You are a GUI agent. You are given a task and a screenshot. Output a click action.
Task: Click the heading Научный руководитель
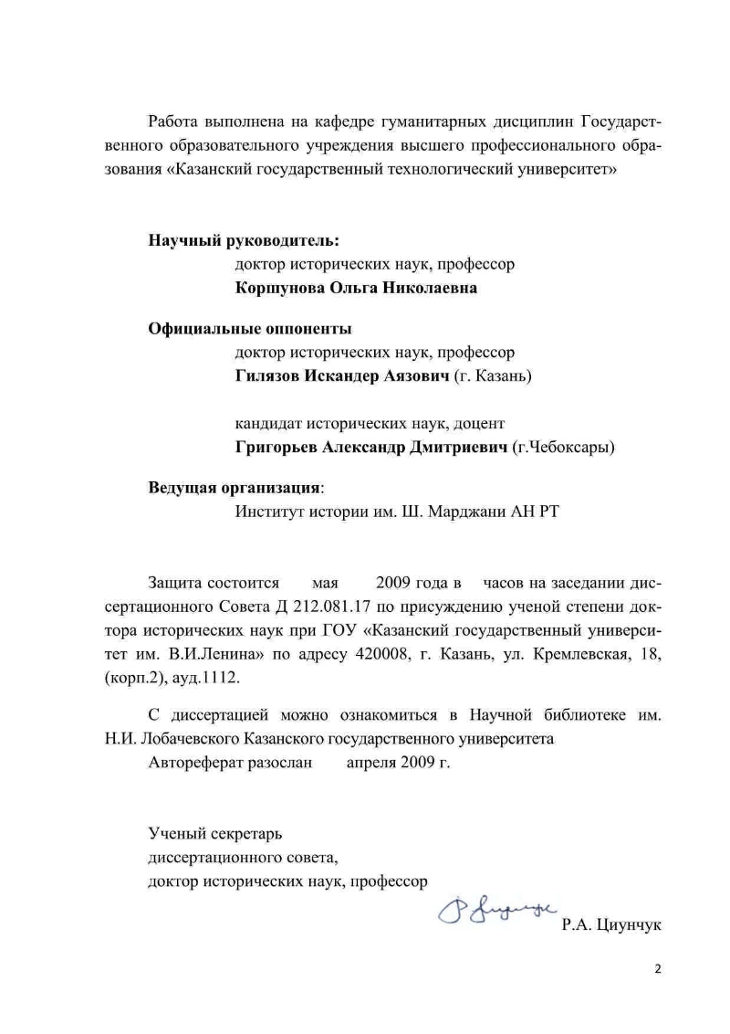[x=244, y=241]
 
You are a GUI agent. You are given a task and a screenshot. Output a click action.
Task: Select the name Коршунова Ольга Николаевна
[x=355, y=288]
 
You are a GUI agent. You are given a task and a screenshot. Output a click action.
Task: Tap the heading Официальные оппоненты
[x=250, y=329]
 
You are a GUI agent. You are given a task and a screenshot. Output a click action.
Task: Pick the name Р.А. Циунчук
[x=612, y=925]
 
